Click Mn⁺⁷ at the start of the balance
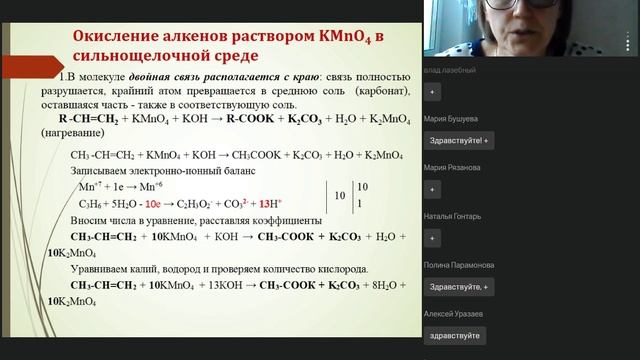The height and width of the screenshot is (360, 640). pos(83,186)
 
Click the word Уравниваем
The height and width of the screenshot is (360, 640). pos(103,269)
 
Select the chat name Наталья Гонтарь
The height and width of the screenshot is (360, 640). pos(453,216)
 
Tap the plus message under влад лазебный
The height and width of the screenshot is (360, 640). pos(432,91)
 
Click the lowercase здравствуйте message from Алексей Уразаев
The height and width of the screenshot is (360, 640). pos(455,336)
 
